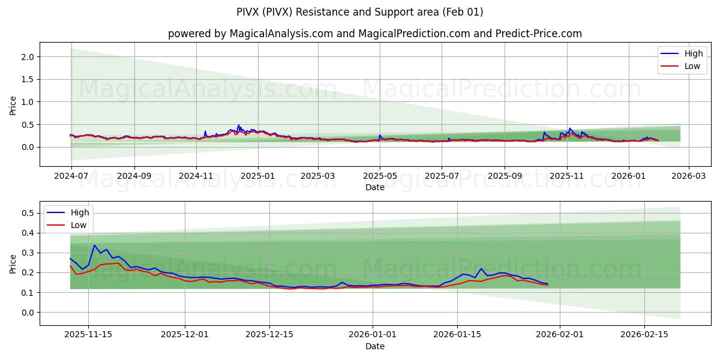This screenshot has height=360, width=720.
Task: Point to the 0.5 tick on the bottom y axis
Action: coord(28,213)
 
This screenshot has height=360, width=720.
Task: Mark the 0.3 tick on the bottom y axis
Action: coord(28,253)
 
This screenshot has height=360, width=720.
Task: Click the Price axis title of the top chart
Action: coord(13,106)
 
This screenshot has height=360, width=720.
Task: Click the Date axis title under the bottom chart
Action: coord(374,346)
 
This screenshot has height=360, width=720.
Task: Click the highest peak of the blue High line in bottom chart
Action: coord(94,245)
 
